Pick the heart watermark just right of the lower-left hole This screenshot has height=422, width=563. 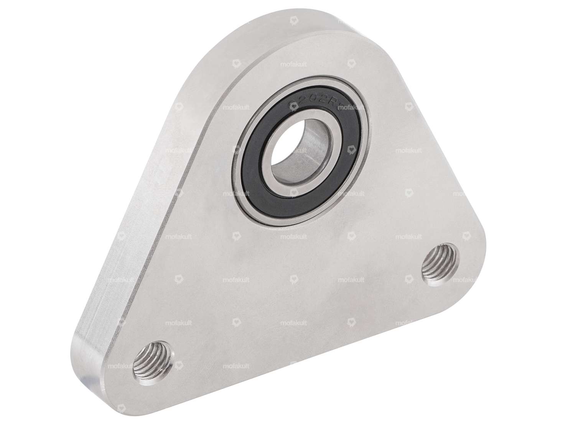coord(179,366)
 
